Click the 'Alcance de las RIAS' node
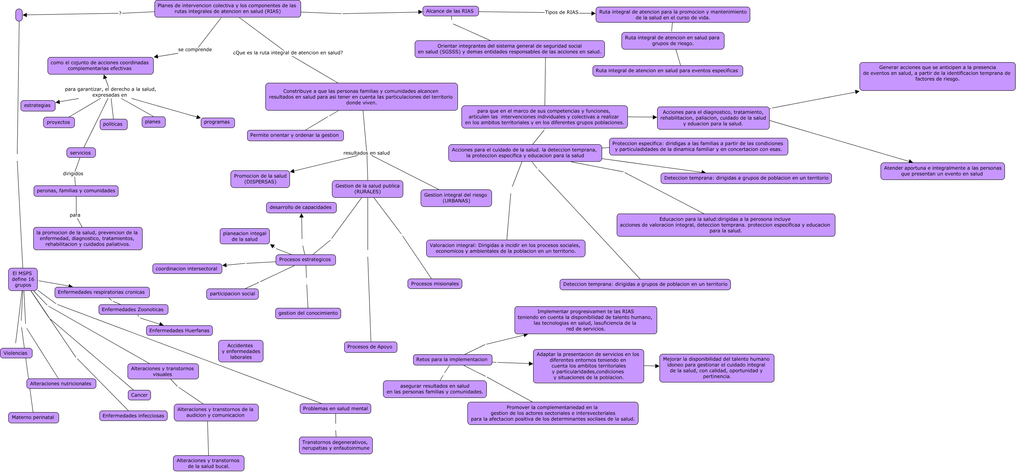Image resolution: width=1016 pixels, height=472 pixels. point(450,11)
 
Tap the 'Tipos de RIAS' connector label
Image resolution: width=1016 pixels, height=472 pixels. point(561,12)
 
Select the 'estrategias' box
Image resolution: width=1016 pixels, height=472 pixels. point(38,105)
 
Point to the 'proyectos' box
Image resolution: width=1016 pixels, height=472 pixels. point(59,122)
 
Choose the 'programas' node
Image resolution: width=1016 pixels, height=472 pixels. point(217,122)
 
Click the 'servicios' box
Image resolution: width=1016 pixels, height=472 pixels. point(81,153)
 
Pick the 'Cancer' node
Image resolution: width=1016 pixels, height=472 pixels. point(139,395)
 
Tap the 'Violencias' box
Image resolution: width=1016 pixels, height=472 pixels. point(16,353)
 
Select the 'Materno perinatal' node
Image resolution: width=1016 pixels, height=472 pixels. point(33,417)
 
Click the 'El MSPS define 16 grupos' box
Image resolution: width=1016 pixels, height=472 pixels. point(23,279)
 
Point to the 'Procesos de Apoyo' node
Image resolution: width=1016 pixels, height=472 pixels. point(370,347)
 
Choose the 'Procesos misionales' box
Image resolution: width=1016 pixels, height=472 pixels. point(435,284)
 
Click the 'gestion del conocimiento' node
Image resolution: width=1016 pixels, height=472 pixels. point(308,313)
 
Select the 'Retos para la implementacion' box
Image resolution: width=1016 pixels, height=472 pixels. point(452,359)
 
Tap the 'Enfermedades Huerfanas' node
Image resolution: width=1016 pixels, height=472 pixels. point(179,331)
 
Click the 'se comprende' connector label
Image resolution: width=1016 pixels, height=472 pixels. point(195,50)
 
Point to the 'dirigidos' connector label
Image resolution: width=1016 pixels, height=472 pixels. point(73,174)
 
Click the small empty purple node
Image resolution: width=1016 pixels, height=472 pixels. point(19,15)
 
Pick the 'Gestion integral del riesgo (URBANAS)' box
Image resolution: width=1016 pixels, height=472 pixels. point(456,198)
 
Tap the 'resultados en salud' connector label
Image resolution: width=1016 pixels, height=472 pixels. point(366,153)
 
